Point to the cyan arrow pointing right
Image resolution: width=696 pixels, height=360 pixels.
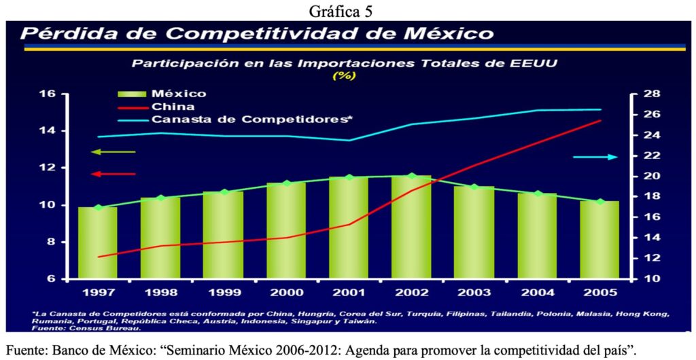point(595,157)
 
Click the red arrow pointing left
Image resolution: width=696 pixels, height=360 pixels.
point(114,174)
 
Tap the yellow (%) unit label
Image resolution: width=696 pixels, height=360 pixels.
point(343,75)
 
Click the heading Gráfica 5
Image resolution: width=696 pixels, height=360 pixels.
point(348,10)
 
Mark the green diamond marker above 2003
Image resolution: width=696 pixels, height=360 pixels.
point(474,187)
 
